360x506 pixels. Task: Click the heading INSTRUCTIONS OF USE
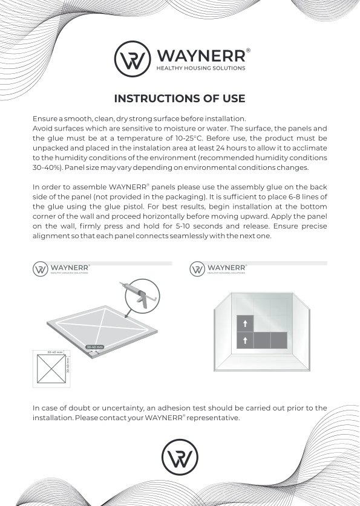[180, 99]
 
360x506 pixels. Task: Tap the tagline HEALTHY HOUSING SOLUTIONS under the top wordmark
[201, 68]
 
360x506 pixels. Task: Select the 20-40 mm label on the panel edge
[95, 347]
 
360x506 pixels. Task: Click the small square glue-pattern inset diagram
[51, 369]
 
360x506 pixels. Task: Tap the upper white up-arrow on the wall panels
[244, 324]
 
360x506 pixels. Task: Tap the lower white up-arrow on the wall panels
[244, 340]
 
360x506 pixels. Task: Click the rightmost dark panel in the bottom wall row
[278, 340]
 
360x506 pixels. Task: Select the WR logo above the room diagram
[197, 269]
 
